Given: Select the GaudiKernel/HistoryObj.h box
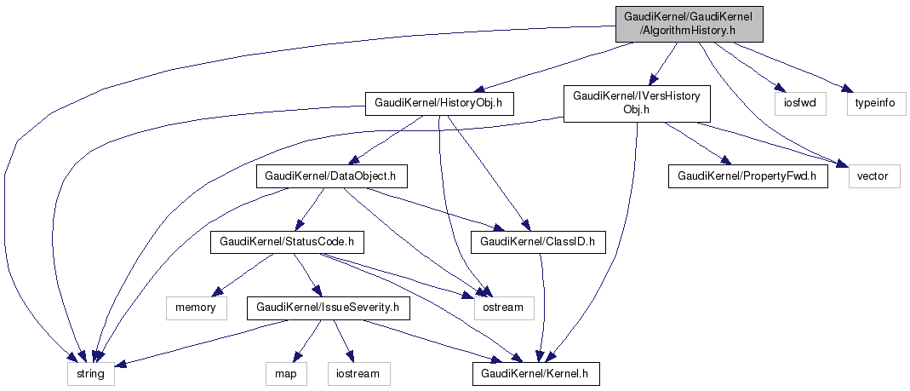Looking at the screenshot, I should coord(439,103).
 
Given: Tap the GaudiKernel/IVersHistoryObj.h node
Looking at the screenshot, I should coord(636,102).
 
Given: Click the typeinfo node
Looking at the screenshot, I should coord(876,103).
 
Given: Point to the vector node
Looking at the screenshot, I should coord(873,176).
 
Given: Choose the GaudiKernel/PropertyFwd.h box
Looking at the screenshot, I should coord(747,176).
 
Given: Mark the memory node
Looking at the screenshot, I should coord(196,307).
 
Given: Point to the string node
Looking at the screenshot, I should coord(90,373).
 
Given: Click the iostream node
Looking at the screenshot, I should coord(358,373).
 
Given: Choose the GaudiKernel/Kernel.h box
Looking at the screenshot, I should coord(536,373).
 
